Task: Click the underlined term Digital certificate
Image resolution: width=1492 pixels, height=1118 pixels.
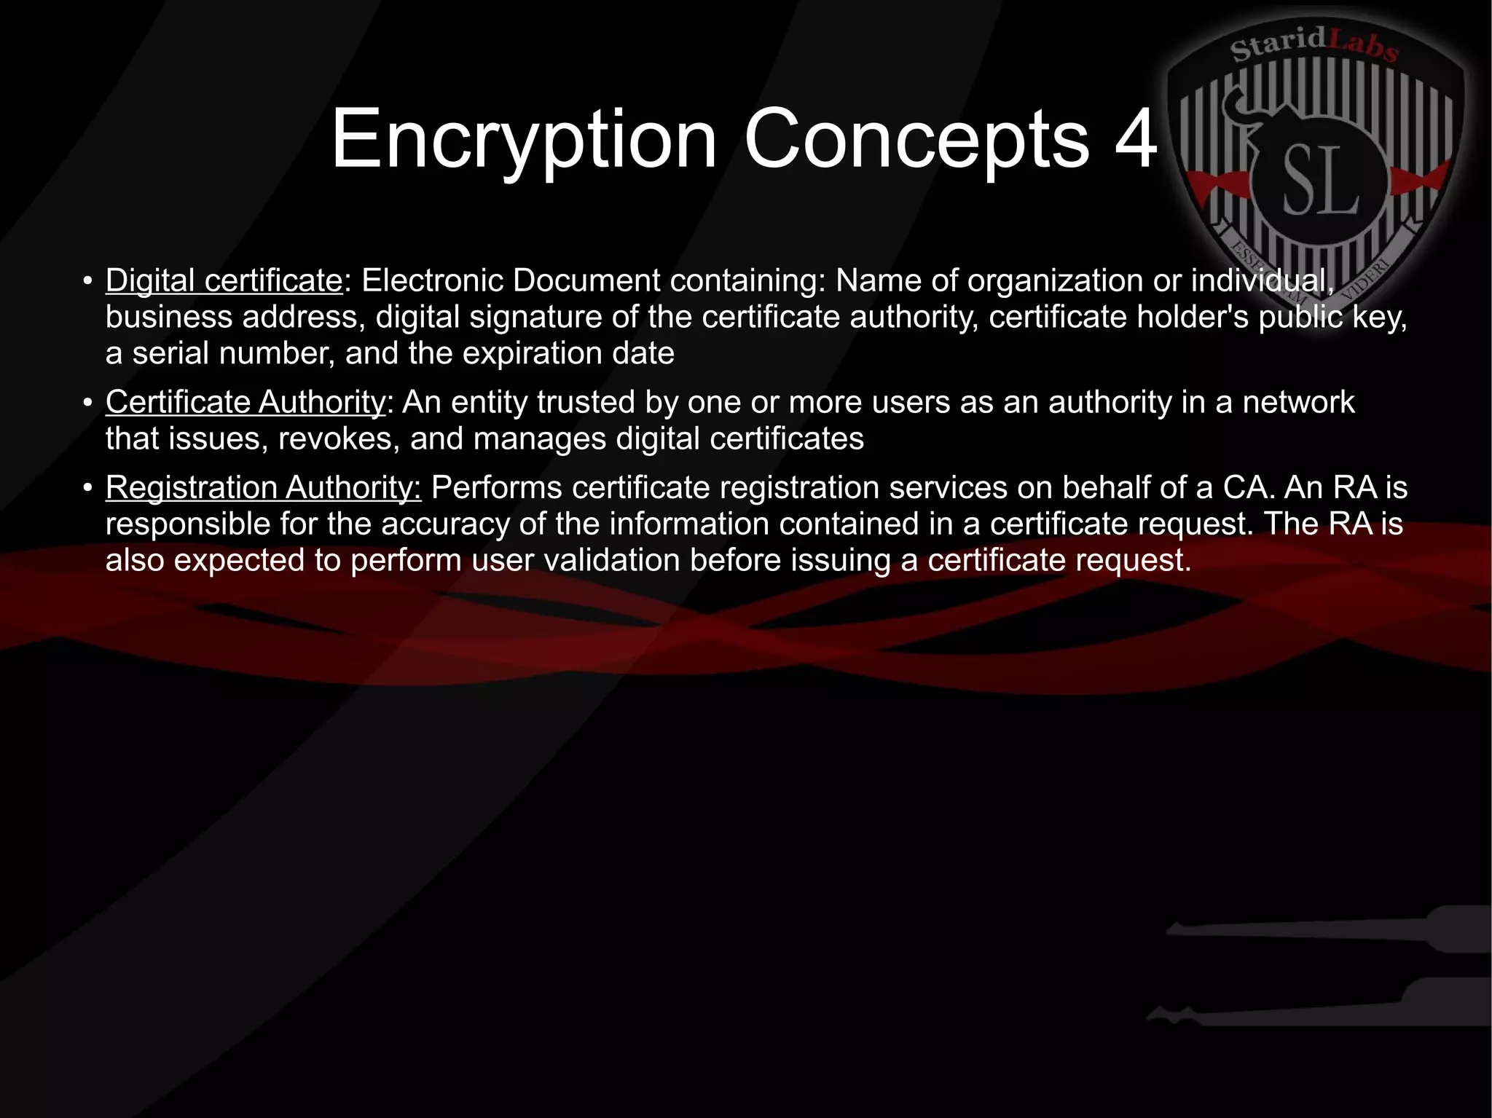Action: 224,280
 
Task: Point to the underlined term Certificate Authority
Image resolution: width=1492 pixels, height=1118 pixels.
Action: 245,402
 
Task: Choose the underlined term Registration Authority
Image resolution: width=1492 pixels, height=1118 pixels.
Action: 263,487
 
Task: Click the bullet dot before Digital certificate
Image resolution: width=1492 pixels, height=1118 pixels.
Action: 87,281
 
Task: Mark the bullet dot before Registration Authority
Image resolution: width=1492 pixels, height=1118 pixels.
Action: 87,488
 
